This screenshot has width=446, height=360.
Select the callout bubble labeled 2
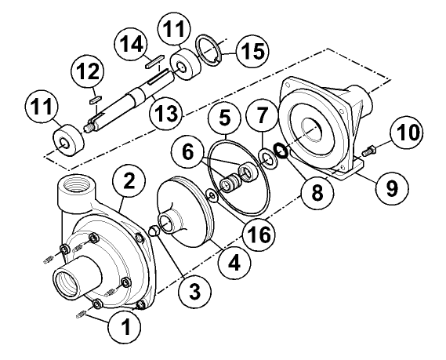point(129,182)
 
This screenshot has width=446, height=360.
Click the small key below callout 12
point(93,98)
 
